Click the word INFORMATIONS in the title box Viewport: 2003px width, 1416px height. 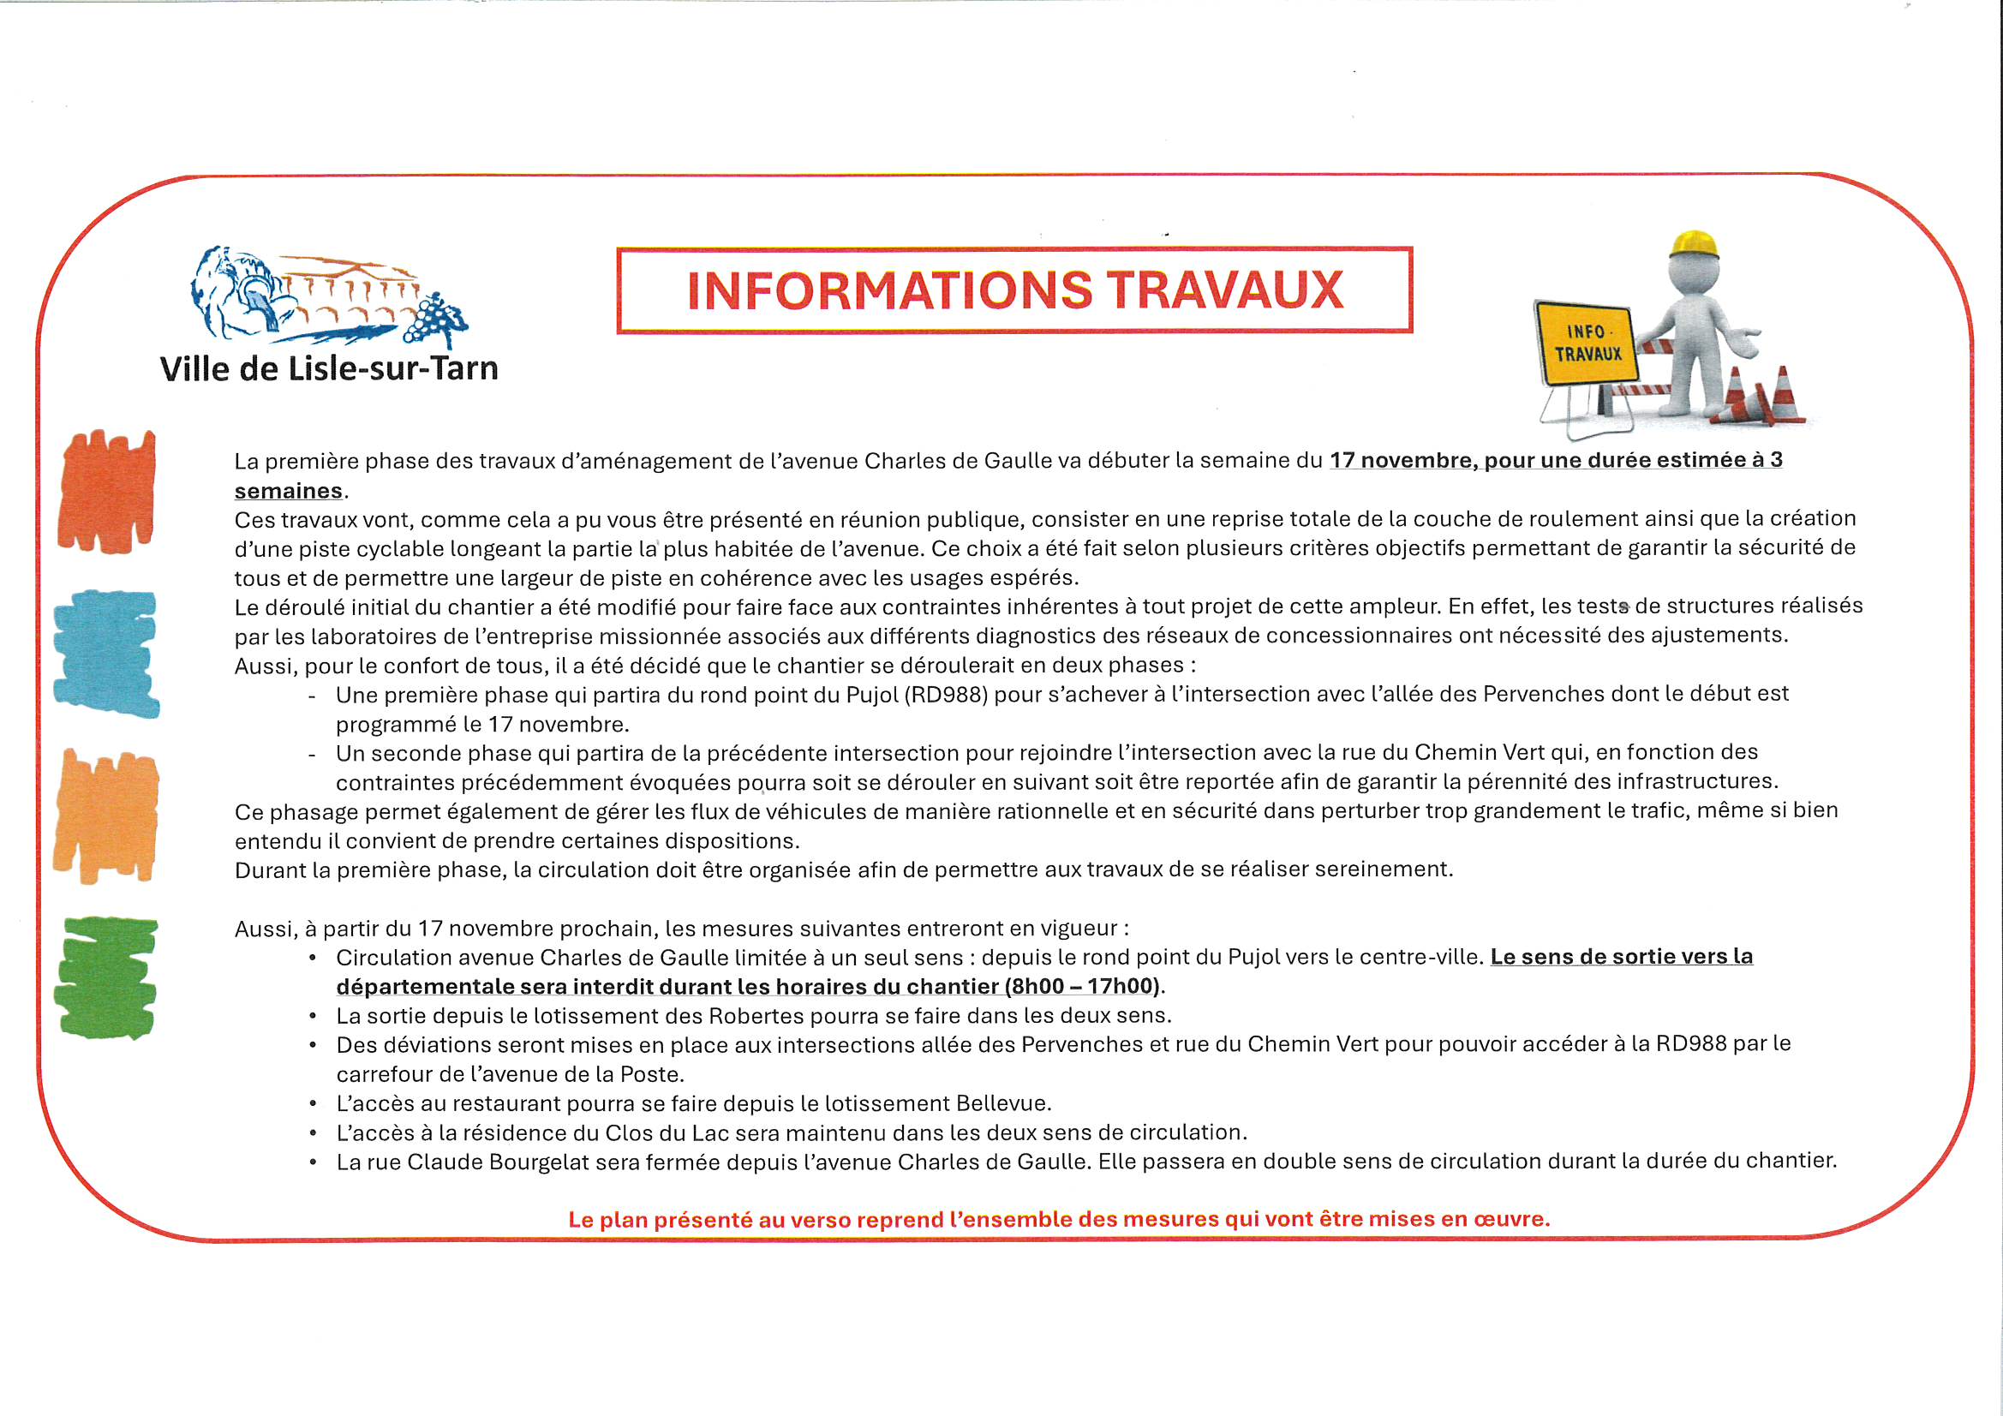pyautogui.click(x=889, y=290)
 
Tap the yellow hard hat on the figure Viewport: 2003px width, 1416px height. pyautogui.click(x=1694, y=243)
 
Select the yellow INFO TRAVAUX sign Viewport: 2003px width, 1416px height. pyautogui.click(x=1587, y=344)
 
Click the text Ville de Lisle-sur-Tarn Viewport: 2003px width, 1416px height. pyautogui.click(x=329, y=369)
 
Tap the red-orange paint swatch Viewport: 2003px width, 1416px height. pyautogui.click(x=106, y=491)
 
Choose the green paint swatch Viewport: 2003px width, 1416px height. pyautogui.click(x=106, y=977)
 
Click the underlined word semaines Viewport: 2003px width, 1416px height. pyautogui.click(x=288, y=491)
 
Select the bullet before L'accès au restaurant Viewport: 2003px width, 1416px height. pyautogui.click(x=313, y=1104)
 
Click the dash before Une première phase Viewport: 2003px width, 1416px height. pyautogui.click(x=312, y=696)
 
